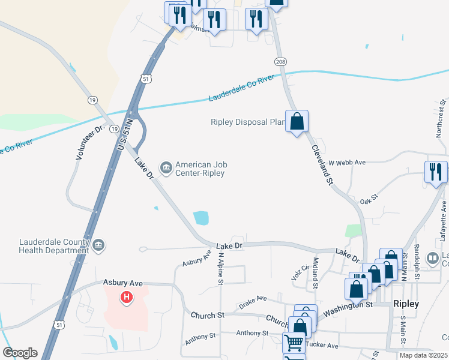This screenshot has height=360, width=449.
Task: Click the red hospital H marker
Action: click(126, 296)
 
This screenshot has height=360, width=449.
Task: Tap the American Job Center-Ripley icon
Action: click(165, 166)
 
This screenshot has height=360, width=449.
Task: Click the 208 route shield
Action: click(280, 62)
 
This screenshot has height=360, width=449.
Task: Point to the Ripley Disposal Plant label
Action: click(246, 122)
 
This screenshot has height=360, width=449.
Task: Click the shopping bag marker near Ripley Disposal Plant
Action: click(297, 122)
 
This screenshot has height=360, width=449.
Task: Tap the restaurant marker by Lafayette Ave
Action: click(436, 172)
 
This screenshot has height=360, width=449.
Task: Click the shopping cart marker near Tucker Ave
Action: click(294, 343)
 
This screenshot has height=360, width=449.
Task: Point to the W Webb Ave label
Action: click(347, 163)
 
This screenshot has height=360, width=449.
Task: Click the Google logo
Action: click(20, 353)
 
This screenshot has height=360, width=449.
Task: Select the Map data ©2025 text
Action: click(423, 355)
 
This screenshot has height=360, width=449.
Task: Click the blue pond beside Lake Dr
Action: click(201, 218)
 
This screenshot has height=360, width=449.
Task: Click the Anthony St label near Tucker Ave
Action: click(252, 333)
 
